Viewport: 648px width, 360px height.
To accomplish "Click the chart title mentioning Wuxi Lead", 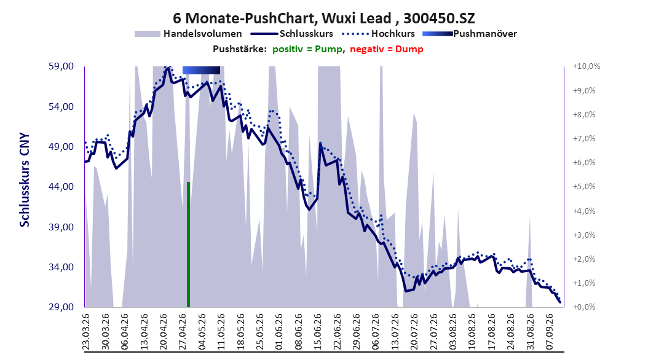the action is pyautogui.click(x=323, y=18).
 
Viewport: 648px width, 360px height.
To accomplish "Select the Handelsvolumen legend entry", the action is pyautogui.click(x=189, y=34).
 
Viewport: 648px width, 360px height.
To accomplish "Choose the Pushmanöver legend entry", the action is pyautogui.click(x=470, y=34).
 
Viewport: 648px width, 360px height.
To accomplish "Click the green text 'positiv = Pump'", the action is pyautogui.click(x=307, y=49).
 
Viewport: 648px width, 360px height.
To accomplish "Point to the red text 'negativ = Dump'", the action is pyautogui.click(x=387, y=49).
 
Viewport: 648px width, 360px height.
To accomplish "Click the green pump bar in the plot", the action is pyautogui.click(x=189, y=245).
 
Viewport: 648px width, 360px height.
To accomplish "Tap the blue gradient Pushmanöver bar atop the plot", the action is pyautogui.click(x=201, y=70).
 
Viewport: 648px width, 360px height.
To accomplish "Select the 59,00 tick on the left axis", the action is pyautogui.click(x=61, y=66).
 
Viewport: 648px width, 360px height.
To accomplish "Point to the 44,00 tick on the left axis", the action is pyautogui.click(x=61, y=187).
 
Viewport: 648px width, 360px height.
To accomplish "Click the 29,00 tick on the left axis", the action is pyautogui.click(x=61, y=307).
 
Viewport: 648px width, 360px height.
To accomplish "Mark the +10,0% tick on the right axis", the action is pyautogui.click(x=587, y=66).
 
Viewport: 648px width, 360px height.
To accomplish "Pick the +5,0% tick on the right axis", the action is pyautogui.click(x=584, y=187).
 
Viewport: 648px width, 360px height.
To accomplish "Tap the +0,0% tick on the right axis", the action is pyautogui.click(x=584, y=307).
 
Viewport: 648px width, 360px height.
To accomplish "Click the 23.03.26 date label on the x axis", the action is pyautogui.click(x=86, y=332).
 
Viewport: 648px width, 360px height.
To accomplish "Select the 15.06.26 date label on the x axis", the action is pyautogui.click(x=317, y=332).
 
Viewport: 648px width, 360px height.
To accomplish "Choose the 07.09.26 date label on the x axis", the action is pyautogui.click(x=549, y=332).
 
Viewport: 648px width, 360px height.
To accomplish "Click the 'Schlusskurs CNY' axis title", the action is pyautogui.click(x=25, y=180).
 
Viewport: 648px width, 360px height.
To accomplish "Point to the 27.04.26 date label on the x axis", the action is pyautogui.click(x=182, y=332).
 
